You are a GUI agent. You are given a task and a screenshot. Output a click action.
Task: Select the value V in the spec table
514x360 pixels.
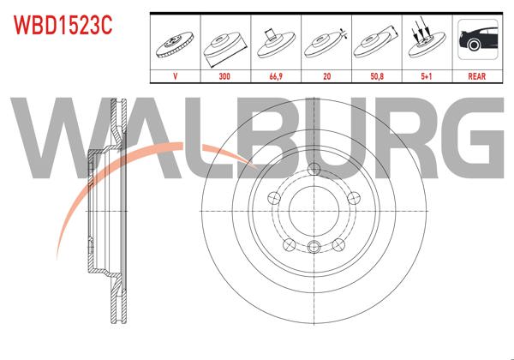coord(175,75)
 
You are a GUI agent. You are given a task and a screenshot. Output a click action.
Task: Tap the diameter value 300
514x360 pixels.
coord(224,75)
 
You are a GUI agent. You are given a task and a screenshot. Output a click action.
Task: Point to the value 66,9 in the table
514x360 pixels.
coord(275,75)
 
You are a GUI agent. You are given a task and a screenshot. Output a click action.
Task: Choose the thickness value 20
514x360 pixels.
coord(326,75)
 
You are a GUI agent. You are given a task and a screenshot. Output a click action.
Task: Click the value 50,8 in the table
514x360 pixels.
coord(375,75)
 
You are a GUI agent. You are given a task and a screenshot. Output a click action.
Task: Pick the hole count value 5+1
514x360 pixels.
coord(426,75)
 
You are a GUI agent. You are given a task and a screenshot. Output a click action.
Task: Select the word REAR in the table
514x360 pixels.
coord(476,75)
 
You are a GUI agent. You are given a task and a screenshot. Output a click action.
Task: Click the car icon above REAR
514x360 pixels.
coord(476,42)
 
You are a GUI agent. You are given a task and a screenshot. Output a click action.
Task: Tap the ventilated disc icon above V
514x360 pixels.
coord(175,42)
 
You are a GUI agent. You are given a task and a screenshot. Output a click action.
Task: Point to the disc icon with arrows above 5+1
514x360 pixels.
coord(426,42)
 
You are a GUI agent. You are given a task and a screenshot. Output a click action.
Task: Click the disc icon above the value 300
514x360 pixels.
coord(224,42)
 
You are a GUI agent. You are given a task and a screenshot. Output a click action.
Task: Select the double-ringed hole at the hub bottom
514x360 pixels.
coord(314,249)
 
